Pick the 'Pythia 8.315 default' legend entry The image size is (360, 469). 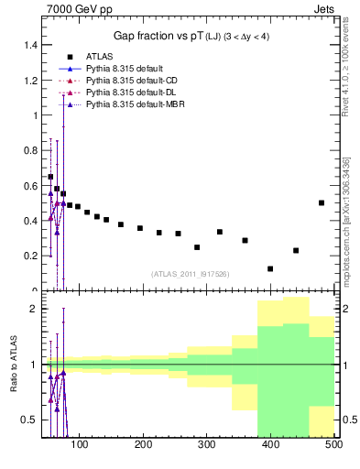[125, 68]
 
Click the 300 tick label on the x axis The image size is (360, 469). [207, 446]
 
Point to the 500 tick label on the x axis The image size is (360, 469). [333, 446]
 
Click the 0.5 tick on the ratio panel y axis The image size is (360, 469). [28, 420]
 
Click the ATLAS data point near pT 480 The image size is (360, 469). [322, 202]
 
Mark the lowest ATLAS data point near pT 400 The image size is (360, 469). [270, 268]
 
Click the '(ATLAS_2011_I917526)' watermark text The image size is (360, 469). [190, 273]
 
